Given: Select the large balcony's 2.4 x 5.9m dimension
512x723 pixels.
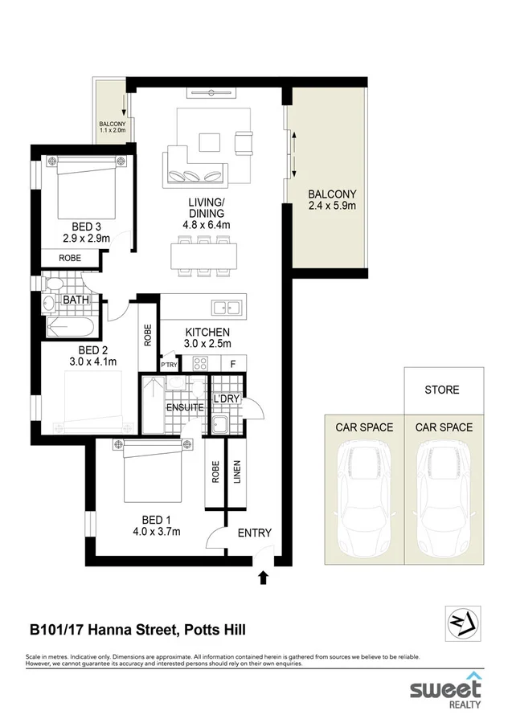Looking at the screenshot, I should [331, 206].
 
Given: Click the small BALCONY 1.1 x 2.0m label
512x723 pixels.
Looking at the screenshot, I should [112, 127].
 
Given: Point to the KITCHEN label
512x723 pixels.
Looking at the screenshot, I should [207, 332].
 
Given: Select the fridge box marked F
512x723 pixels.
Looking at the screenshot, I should [233, 364].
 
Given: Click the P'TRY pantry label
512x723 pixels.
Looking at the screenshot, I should [169, 365].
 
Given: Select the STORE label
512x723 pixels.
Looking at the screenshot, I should [442, 390].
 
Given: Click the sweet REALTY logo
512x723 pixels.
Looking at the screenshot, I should [445, 690].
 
